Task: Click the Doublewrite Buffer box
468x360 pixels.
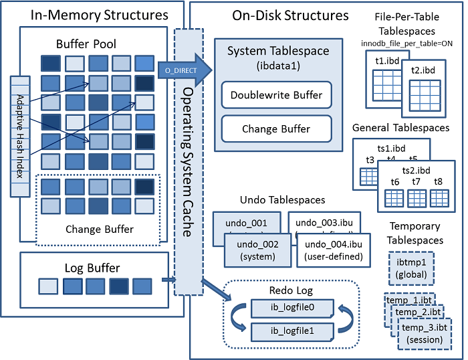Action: [x=276, y=95]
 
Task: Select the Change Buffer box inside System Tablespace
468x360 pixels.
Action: [x=276, y=128]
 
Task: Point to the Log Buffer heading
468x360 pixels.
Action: [x=92, y=268]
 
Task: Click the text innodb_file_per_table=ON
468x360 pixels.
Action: [x=406, y=43]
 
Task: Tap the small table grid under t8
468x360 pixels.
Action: [x=439, y=198]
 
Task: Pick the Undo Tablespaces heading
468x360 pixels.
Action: [x=282, y=200]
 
